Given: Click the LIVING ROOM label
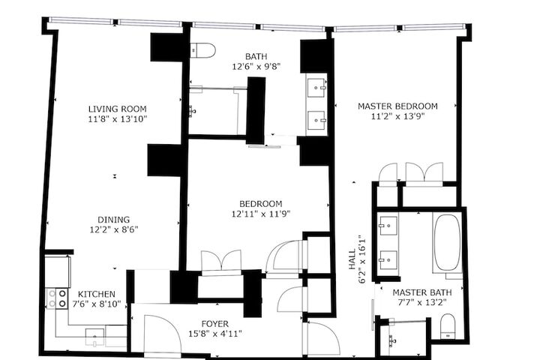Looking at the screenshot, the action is coord(118,109).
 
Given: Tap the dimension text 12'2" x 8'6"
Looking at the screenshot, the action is coord(114,229).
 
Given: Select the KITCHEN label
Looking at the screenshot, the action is coord(97,294).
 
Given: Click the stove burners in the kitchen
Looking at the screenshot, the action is coord(57,298).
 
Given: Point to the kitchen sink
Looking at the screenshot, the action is coord(94,337).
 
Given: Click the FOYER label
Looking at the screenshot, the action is coord(215,324).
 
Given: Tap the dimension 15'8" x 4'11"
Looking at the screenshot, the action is coord(215,334).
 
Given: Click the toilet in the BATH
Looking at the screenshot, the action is coord(202,50).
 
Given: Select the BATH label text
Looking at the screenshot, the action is coord(256,56).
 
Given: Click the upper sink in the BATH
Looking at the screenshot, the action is coord(316,88).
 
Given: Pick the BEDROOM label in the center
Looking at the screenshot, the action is coord(261,204).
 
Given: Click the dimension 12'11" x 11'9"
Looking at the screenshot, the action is coord(261,214).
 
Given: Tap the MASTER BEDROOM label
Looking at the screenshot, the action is coord(397,106).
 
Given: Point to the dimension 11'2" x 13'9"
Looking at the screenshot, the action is coord(397,116).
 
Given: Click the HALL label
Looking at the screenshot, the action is coord(352,259).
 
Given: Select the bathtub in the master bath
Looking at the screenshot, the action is coord(447,243).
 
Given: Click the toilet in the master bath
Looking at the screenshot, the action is coord(448,326).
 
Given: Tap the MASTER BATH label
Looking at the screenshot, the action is coord(422,292).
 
